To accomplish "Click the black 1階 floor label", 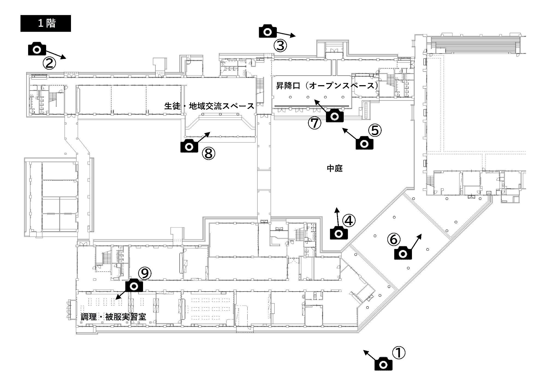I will (x=46, y=23).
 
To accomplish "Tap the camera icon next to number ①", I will (x=383, y=365).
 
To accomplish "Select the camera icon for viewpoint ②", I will (x=37, y=49).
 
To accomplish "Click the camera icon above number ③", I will (x=268, y=31).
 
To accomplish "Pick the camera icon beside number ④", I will (x=339, y=233).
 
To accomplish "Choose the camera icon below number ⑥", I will (x=403, y=253).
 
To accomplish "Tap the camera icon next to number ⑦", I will (x=335, y=116).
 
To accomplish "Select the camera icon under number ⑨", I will (x=134, y=286).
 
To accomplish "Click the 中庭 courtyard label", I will (x=335, y=168).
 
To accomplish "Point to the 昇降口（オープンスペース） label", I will (x=327, y=86).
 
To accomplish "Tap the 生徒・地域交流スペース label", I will (x=209, y=106).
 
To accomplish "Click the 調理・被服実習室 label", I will (x=114, y=317).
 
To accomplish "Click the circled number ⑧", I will (x=209, y=154).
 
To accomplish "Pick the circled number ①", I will (x=399, y=353).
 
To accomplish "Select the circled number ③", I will (x=280, y=46).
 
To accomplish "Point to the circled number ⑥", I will (x=394, y=240).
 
